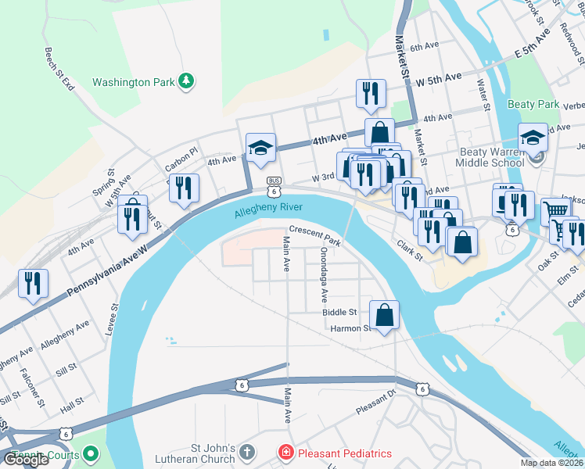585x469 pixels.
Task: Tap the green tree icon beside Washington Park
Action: point(186,81)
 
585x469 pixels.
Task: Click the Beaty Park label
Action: point(533,104)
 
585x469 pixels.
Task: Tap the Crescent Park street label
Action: point(316,236)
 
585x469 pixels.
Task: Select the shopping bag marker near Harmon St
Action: point(384,315)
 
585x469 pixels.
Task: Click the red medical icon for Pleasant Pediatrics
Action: point(287,453)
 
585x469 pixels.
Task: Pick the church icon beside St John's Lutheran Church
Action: point(246,453)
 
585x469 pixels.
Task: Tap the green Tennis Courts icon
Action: point(92,453)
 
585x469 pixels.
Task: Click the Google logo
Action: point(25,460)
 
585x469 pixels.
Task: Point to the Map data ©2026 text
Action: point(551,463)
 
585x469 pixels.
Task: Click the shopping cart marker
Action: point(555,210)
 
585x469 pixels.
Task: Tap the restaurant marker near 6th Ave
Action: point(370,93)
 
